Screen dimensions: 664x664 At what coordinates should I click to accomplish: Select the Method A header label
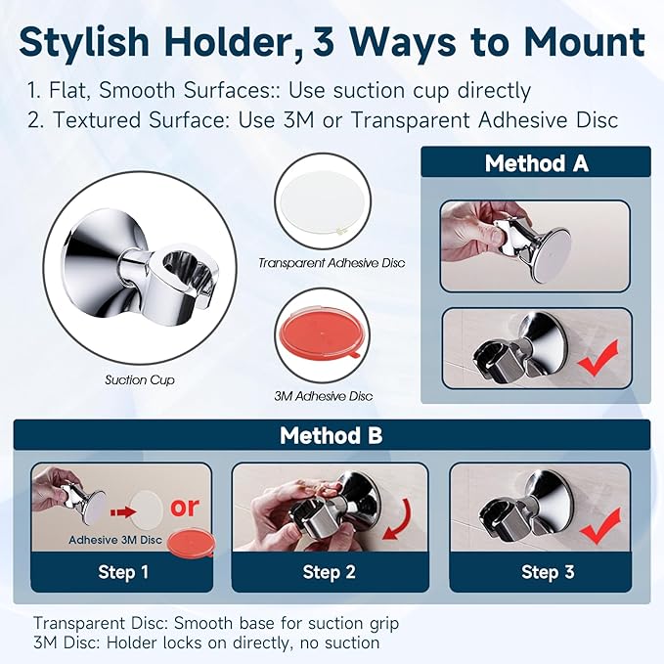coord(537,163)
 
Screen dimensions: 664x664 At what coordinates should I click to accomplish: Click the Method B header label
coord(331,435)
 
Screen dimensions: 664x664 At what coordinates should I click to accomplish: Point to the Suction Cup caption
coord(139,379)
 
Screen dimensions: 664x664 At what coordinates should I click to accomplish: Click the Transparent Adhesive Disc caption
coord(332,263)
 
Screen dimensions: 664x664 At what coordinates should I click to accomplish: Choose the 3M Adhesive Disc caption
coord(323,396)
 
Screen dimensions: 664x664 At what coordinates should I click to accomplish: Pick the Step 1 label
coord(123,572)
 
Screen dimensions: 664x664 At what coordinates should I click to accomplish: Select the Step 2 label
coord(329,572)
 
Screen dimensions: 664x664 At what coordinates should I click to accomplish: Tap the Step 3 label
coord(548,572)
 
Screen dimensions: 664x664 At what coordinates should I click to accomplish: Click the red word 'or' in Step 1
coord(185,507)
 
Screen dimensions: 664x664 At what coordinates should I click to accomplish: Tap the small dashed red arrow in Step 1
coord(123,512)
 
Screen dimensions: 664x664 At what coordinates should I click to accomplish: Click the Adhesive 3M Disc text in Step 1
coord(115,540)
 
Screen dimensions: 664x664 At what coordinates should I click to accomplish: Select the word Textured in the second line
coord(98,120)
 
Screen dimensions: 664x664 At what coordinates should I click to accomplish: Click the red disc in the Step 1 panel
coord(192,544)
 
